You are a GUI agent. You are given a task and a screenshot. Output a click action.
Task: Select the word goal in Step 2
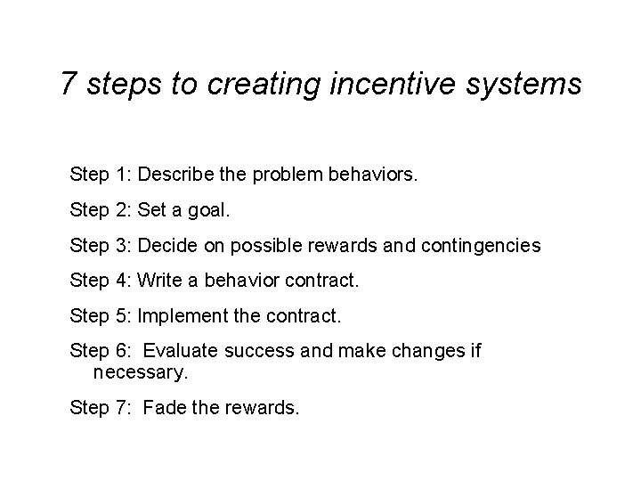(x=211, y=210)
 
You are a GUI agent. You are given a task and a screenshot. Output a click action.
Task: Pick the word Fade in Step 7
(x=162, y=409)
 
